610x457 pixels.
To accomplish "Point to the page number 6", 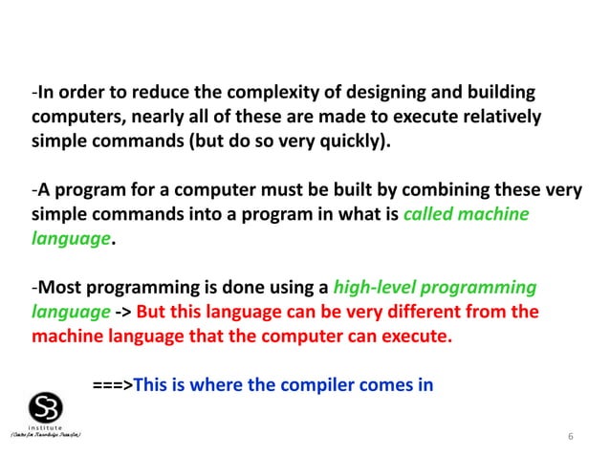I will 570,437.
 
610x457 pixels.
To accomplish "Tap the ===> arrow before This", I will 112,385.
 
